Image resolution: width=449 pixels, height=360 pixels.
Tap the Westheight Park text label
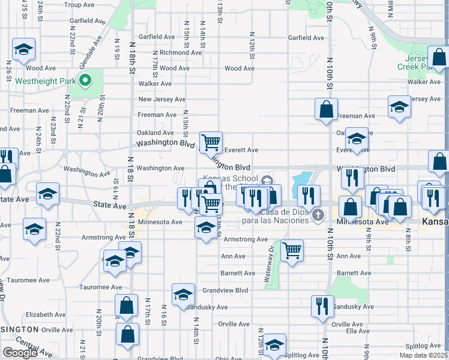pos(44,81)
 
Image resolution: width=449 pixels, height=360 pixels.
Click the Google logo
pos(20,353)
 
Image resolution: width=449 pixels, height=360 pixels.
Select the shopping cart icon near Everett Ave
pos(211,143)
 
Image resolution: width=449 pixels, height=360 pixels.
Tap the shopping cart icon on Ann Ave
pos(292,251)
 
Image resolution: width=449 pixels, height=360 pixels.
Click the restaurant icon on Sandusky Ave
pos(322,306)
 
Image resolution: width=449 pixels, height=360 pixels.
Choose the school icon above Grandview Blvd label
pos(183,294)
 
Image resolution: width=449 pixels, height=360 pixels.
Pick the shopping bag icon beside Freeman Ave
pos(326,110)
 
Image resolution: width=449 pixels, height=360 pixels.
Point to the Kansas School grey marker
pos(267,179)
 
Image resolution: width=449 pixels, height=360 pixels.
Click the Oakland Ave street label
pos(155,133)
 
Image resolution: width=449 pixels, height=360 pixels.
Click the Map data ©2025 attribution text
pos(423,355)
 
